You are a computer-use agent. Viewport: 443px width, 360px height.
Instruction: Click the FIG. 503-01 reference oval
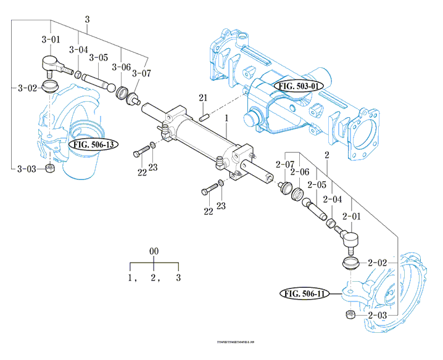click(x=298, y=86)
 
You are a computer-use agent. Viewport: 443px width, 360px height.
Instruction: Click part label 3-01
click(x=51, y=40)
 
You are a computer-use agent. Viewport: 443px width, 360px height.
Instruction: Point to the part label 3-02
click(x=27, y=88)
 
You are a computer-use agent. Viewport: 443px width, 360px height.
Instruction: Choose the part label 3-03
click(x=27, y=169)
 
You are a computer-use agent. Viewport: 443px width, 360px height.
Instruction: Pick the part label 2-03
click(x=377, y=316)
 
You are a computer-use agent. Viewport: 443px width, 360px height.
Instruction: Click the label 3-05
click(x=99, y=57)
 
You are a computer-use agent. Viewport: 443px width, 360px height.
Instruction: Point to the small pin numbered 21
click(x=205, y=113)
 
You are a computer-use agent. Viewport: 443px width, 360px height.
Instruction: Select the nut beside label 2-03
click(x=350, y=316)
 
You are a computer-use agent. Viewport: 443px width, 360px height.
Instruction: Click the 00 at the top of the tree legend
click(x=154, y=252)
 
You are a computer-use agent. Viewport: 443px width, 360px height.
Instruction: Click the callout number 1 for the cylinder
click(x=226, y=117)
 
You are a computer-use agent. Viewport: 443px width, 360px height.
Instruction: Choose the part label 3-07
click(x=142, y=73)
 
